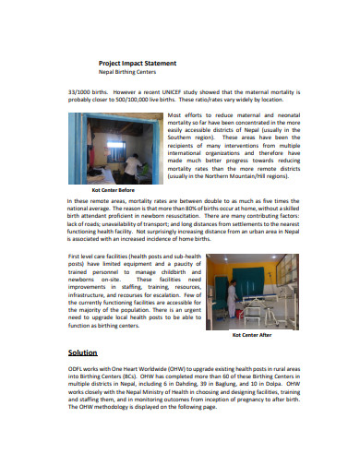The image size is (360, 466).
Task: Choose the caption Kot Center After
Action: pyautogui.click(x=248, y=336)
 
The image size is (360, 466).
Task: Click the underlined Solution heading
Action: pyautogui.click(x=83, y=353)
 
